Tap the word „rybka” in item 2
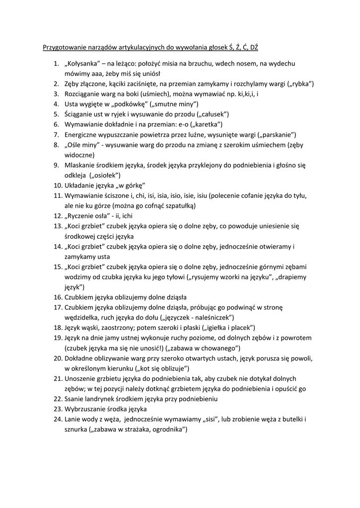point(299,84)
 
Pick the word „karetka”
point(205,124)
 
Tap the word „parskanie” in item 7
point(277,134)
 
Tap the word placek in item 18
point(241,327)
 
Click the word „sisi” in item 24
point(212,419)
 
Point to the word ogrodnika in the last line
point(166,429)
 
